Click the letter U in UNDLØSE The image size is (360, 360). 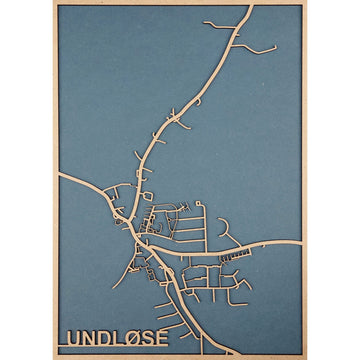click(x=73, y=338)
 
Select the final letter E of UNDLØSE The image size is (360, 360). click(x=162, y=338)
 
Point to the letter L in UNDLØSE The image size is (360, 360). click(x=119, y=338)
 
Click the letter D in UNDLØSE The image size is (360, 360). click(x=105, y=338)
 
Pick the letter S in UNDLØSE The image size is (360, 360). click(x=149, y=338)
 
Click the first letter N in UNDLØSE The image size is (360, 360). click(x=89, y=338)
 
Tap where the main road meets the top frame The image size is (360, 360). click(x=247, y=8)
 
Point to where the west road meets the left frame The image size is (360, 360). click(x=58, y=175)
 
